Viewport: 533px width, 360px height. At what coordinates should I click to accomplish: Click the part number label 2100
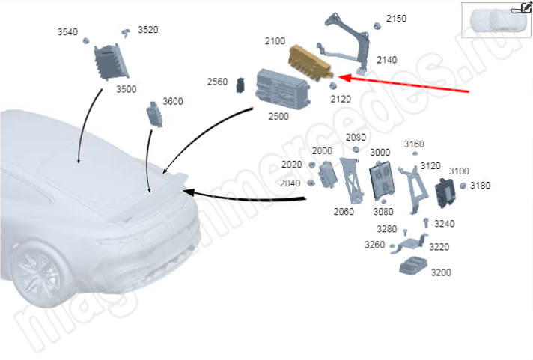click(275, 41)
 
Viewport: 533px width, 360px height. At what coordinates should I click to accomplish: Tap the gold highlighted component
click(310, 63)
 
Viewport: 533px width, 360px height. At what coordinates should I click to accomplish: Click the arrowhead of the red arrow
click(345, 78)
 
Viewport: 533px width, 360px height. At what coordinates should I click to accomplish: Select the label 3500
click(126, 89)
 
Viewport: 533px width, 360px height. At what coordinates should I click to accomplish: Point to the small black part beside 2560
click(240, 85)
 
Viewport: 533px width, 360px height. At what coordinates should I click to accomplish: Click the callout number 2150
click(396, 19)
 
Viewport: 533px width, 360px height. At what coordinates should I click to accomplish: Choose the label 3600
click(173, 101)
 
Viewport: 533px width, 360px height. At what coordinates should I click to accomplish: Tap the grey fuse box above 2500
click(282, 89)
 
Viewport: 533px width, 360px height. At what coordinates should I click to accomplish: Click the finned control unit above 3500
click(111, 61)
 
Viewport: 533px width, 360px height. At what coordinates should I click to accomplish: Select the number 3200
click(441, 272)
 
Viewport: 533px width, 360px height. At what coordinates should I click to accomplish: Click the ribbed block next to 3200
click(413, 265)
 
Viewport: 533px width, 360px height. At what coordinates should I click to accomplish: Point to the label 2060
click(344, 212)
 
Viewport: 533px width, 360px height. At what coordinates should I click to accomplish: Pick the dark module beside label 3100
click(445, 193)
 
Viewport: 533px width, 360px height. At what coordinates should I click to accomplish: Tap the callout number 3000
click(380, 152)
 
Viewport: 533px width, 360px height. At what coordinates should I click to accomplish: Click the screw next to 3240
click(426, 223)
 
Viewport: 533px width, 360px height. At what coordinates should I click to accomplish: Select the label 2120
click(341, 100)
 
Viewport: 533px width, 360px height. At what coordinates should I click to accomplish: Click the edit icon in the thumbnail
click(526, 7)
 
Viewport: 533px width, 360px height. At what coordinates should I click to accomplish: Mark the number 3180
click(480, 186)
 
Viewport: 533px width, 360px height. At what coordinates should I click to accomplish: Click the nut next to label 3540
click(86, 41)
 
